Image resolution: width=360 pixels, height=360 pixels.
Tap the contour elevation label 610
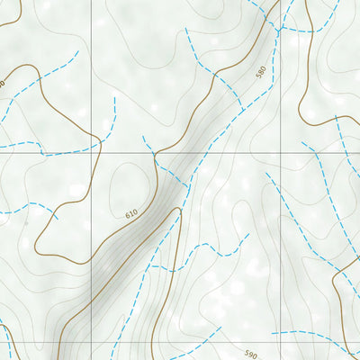131,214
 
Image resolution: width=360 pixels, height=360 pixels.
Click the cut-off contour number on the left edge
3,84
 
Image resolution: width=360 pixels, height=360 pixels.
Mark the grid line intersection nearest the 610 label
91,152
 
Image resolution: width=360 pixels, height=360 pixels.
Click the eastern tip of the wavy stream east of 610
247,236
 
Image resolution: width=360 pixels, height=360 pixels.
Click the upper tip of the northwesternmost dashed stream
78,52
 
